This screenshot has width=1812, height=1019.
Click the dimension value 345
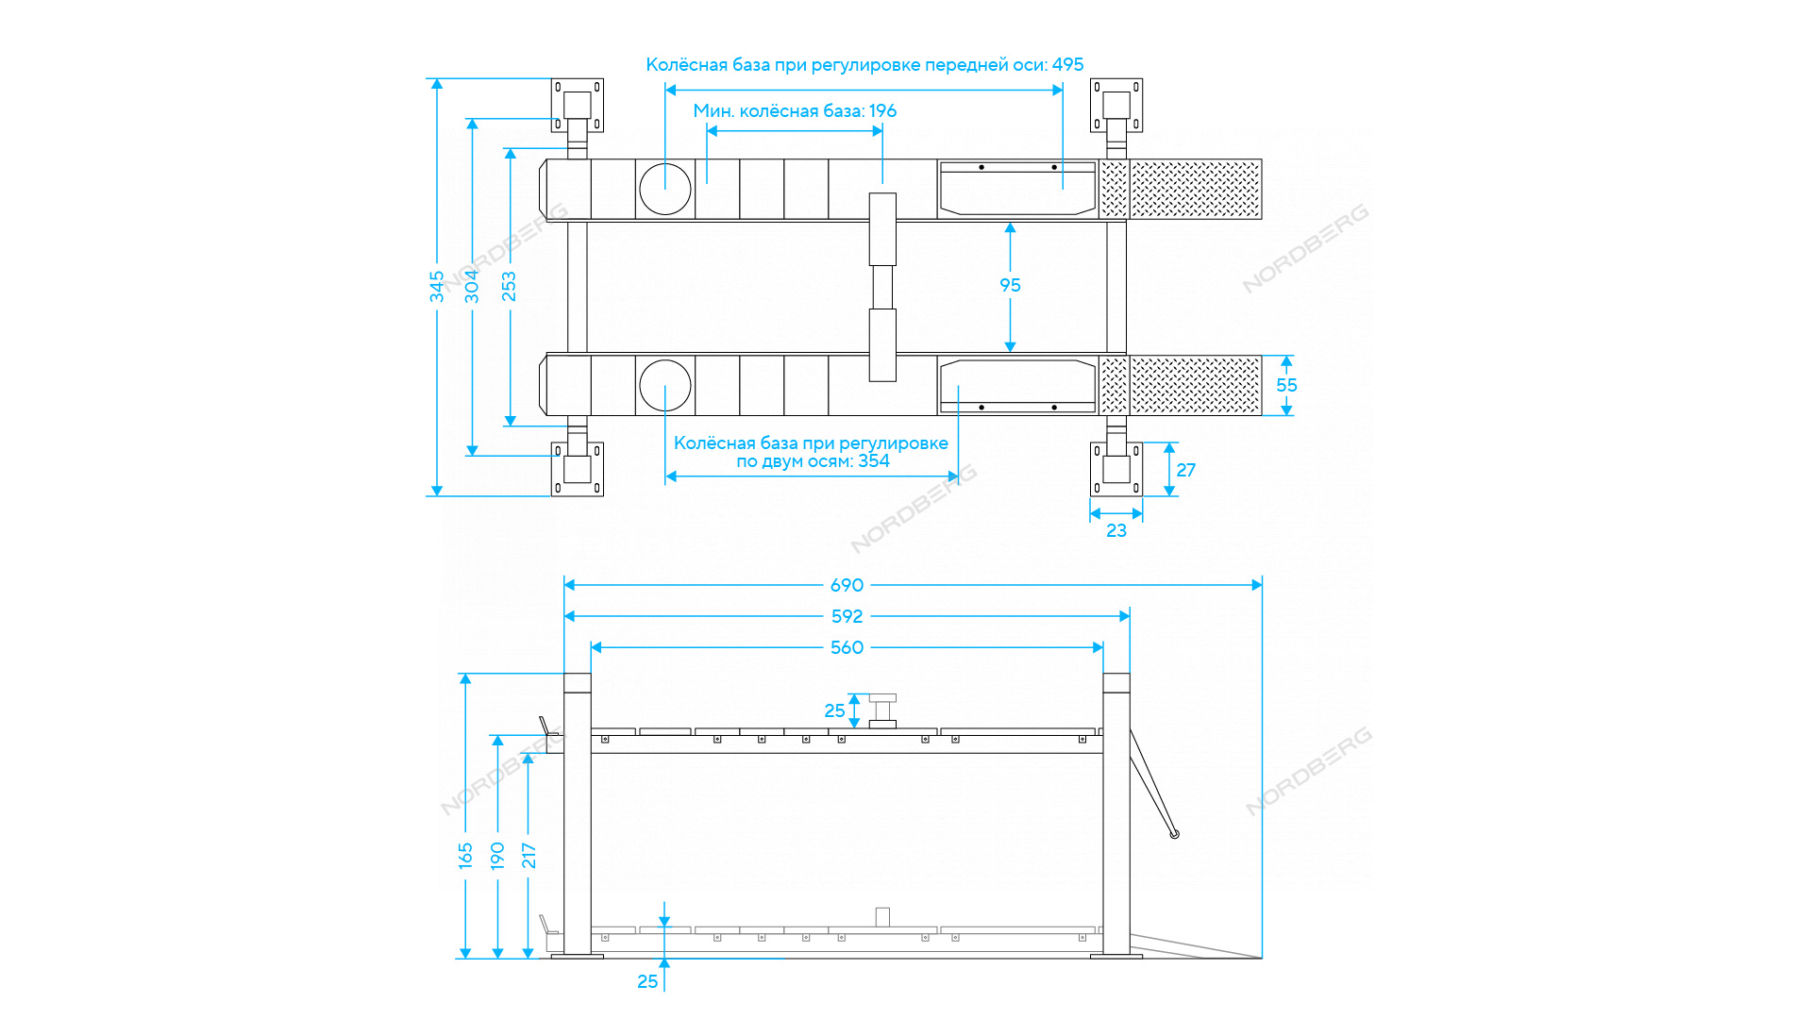437,287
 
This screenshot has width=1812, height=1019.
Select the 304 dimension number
472,287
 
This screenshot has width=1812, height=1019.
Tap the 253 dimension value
510,287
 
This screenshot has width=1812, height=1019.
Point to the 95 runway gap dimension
1010,285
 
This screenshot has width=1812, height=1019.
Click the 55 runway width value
1286,385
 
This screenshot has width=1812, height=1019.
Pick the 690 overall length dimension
847,585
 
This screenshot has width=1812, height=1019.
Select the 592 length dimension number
847,616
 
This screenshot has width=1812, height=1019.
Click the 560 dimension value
847,647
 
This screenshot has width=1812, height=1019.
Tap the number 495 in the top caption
1067,64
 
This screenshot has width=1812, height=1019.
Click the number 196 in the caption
882,110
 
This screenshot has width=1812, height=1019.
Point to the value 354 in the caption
873,460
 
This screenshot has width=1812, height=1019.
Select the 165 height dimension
465,855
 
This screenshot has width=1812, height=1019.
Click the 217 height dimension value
528,855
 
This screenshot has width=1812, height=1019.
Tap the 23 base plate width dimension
1116,530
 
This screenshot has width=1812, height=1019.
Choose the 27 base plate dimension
1186,470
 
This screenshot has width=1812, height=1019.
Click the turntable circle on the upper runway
665,189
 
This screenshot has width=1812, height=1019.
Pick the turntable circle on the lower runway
665,385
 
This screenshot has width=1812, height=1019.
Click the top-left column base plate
577,105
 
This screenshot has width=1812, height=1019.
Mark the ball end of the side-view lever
1174,834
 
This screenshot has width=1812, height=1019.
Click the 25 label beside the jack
834,710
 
